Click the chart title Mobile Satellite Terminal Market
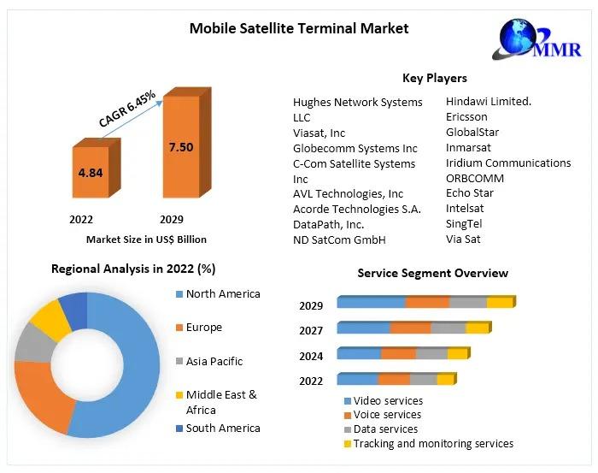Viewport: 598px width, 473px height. point(298,28)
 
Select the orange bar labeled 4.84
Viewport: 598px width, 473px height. point(91,173)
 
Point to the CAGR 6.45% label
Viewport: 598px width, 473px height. point(127,109)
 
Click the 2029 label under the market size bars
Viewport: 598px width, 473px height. point(171,220)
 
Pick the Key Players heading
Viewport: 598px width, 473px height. point(435,78)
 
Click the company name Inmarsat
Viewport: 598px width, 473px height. point(468,147)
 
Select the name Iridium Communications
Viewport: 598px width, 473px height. point(508,163)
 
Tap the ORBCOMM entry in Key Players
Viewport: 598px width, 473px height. point(475,178)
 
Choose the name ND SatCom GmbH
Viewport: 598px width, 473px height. point(339,239)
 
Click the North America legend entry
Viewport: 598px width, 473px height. point(222,294)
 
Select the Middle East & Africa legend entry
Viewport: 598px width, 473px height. point(220,401)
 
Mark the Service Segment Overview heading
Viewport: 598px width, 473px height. point(432,273)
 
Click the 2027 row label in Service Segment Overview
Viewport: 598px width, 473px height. point(311,330)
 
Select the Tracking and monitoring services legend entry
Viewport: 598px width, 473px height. point(433,444)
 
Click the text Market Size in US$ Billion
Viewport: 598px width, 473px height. point(146,239)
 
